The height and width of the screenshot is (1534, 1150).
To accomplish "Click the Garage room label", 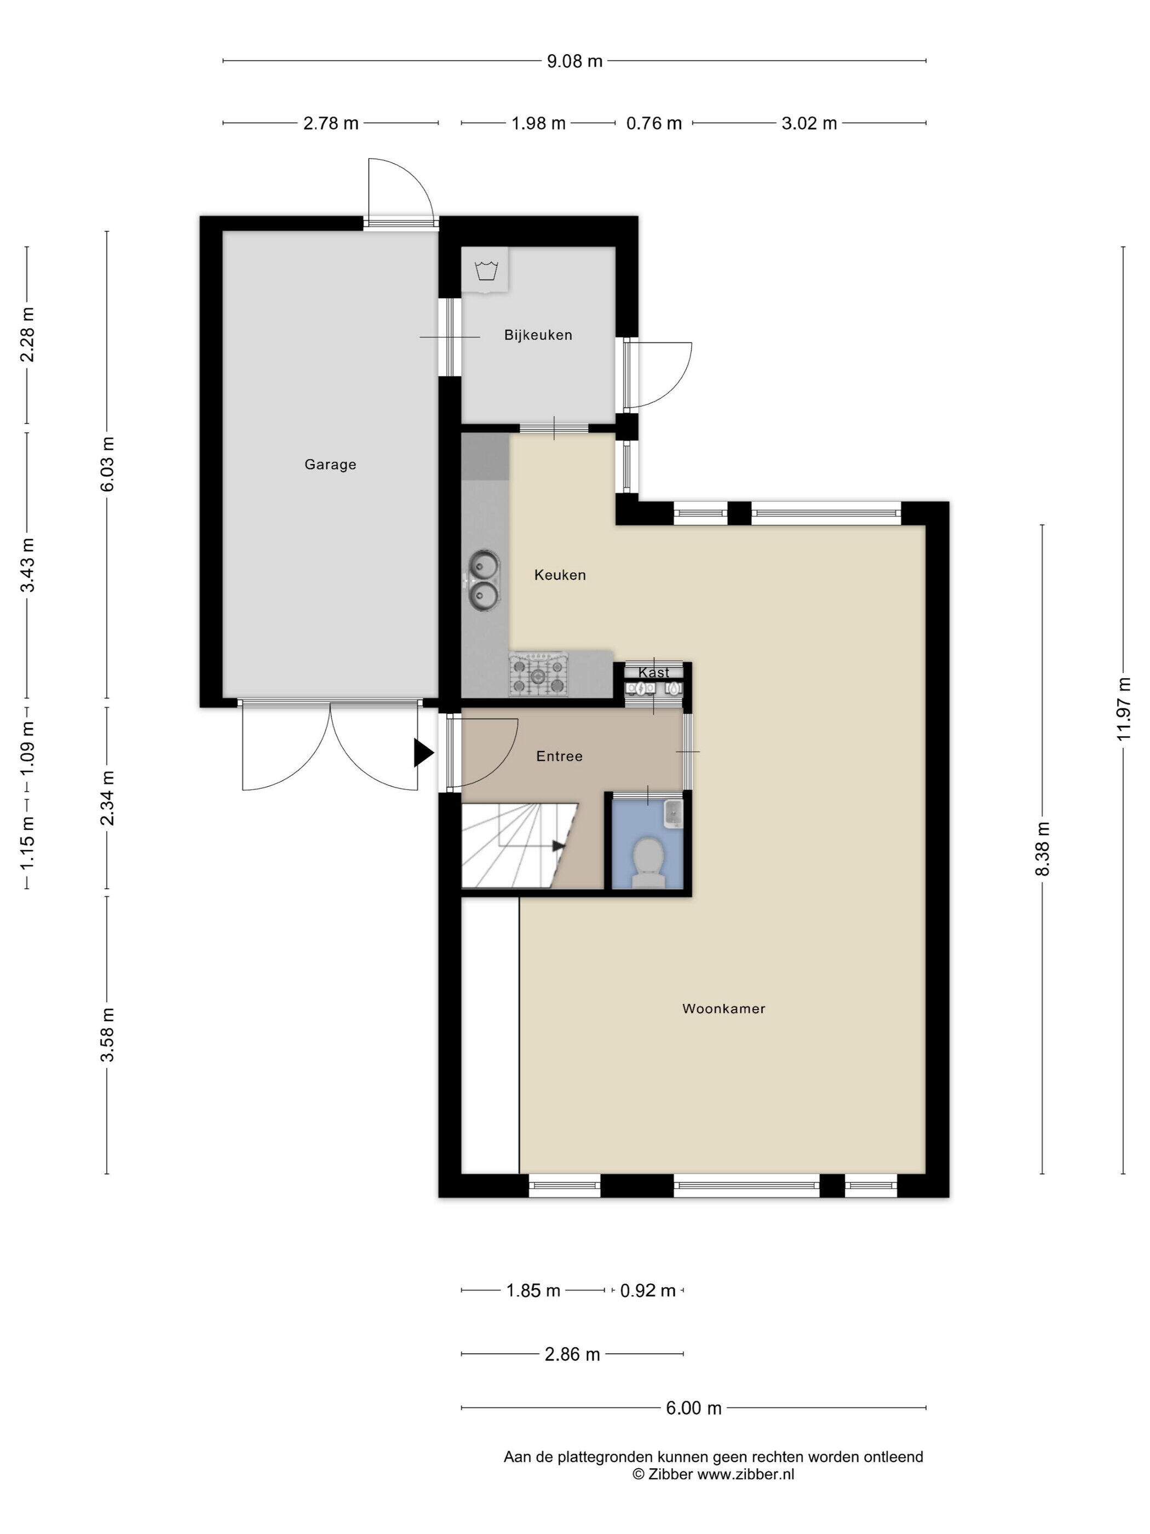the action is click(x=330, y=465).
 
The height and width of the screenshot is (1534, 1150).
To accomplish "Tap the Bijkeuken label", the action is click(x=538, y=335).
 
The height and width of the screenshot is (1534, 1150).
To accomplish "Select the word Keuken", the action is click(x=560, y=575).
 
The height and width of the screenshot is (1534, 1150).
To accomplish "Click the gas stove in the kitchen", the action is click(x=539, y=674).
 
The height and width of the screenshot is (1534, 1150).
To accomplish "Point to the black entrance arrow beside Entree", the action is click(x=423, y=752).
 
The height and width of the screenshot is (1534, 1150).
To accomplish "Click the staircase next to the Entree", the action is click(x=520, y=845).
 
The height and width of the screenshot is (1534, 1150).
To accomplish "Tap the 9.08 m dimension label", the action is click(x=574, y=61).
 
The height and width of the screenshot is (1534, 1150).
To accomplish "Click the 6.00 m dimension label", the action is click(x=694, y=1408).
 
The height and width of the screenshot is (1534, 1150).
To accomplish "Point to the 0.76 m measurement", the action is click(x=654, y=123).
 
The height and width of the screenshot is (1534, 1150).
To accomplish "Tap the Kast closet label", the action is click(x=654, y=672).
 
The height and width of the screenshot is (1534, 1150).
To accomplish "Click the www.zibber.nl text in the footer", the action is click(x=745, y=1474).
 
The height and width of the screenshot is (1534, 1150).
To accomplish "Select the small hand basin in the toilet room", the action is click(x=673, y=814).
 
